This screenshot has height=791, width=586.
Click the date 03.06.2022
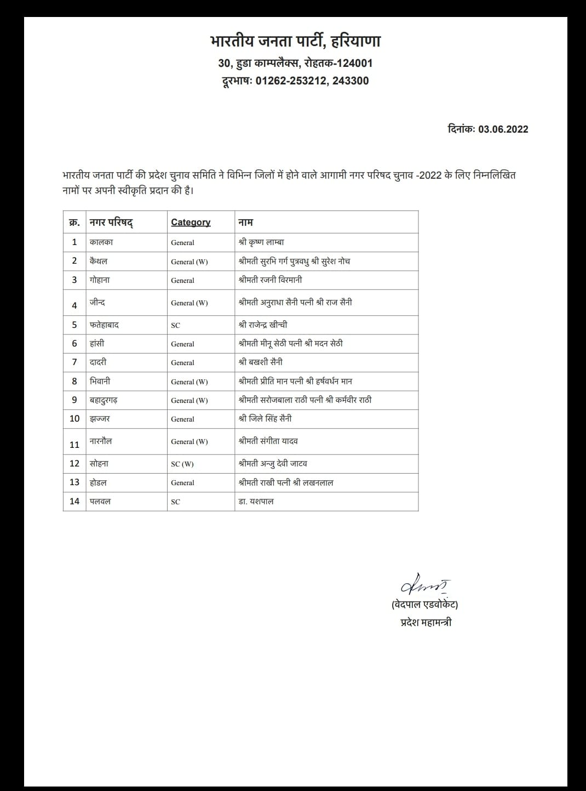pyautogui.click(x=503, y=129)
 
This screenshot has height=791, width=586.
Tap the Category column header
pyautogui.click(x=191, y=222)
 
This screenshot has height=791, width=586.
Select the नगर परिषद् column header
pyautogui.click(x=111, y=222)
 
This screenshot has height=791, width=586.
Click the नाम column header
pyautogui.click(x=245, y=222)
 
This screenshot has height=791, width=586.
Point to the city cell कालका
pyautogui.click(x=101, y=242)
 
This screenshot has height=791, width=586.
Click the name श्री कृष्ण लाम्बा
pyautogui.click(x=261, y=242)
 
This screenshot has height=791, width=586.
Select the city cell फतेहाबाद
pyautogui.click(x=104, y=325)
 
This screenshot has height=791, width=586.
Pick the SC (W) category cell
pyautogui.click(x=182, y=464)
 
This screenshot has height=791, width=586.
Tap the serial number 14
pyautogui.click(x=74, y=501)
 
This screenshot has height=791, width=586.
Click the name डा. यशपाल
pyautogui.click(x=256, y=501)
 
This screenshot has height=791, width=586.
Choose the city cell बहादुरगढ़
pyautogui.click(x=104, y=400)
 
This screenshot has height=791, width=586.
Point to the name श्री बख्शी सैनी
pyautogui.click(x=261, y=362)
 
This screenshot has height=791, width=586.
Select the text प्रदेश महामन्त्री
pyautogui.click(x=426, y=622)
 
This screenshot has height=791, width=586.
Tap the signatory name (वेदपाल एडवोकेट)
pyautogui.click(x=425, y=605)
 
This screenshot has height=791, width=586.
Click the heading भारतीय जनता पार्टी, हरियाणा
pyautogui.click(x=295, y=41)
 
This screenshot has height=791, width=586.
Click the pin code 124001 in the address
pyautogui.click(x=354, y=63)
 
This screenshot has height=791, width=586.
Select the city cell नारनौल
pyautogui.click(x=101, y=441)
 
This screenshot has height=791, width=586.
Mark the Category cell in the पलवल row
pyautogui.click(x=175, y=502)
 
